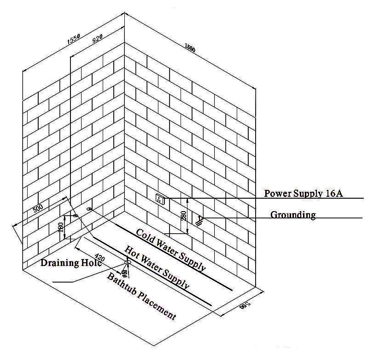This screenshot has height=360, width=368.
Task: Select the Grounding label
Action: [x=293, y=214]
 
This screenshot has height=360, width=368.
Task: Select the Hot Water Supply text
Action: [x=157, y=267]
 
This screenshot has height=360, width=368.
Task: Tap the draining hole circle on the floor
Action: [x=128, y=262]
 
